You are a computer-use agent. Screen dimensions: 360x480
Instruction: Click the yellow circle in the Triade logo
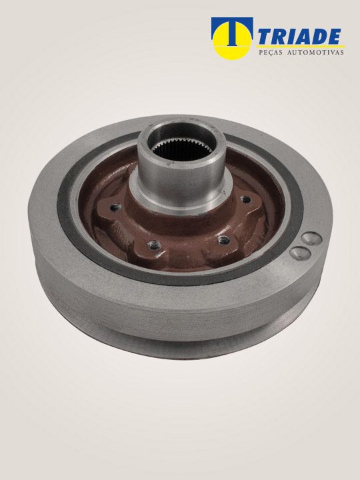point(232,41)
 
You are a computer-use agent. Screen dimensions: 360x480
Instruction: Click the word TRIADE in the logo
point(299,37)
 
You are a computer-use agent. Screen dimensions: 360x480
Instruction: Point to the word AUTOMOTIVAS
point(315,53)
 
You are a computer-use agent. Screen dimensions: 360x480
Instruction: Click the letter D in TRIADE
point(319,37)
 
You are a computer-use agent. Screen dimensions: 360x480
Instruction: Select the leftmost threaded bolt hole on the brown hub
point(116,208)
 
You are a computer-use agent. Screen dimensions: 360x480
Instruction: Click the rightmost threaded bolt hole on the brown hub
point(245,199)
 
